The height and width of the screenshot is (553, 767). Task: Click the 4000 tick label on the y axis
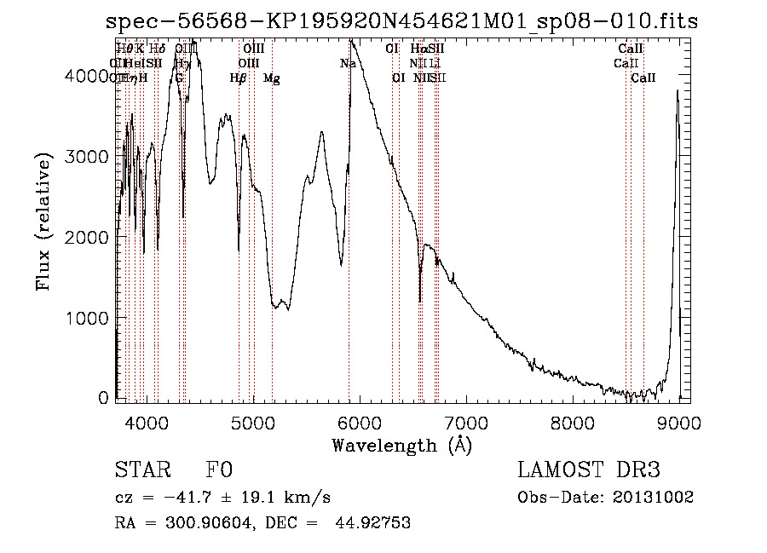[x=89, y=76]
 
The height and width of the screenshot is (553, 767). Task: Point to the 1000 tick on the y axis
[x=89, y=318]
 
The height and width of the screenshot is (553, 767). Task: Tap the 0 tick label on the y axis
[x=103, y=398]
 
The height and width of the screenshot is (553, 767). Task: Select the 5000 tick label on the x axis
[x=252, y=421]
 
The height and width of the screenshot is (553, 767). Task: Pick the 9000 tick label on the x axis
[x=679, y=421]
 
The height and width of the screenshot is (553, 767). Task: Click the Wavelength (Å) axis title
[x=401, y=445]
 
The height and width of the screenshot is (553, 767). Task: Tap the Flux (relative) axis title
[x=44, y=221]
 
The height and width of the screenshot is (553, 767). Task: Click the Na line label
[x=348, y=63]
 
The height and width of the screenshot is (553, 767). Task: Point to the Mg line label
[x=272, y=78]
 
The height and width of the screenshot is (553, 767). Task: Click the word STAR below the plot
[x=141, y=470]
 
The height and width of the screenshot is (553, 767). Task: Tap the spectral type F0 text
[x=219, y=470]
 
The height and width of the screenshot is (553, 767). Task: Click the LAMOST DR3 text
[x=589, y=470]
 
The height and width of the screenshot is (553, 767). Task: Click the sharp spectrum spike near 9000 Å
[x=678, y=92]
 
